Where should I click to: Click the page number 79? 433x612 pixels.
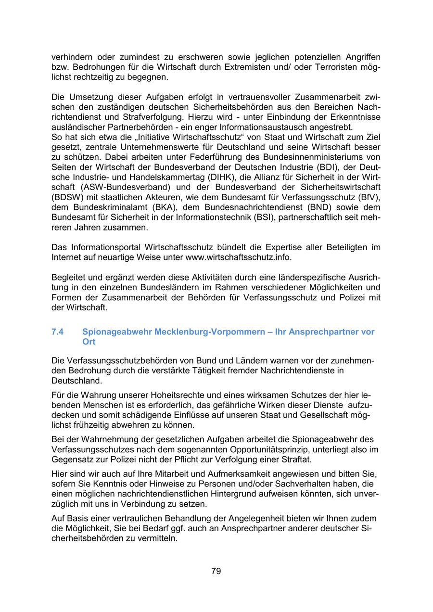(216, 571)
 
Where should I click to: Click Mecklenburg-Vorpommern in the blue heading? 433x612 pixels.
(211, 332)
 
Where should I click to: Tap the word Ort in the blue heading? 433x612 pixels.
(89, 342)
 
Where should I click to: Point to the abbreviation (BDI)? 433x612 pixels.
(315, 167)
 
